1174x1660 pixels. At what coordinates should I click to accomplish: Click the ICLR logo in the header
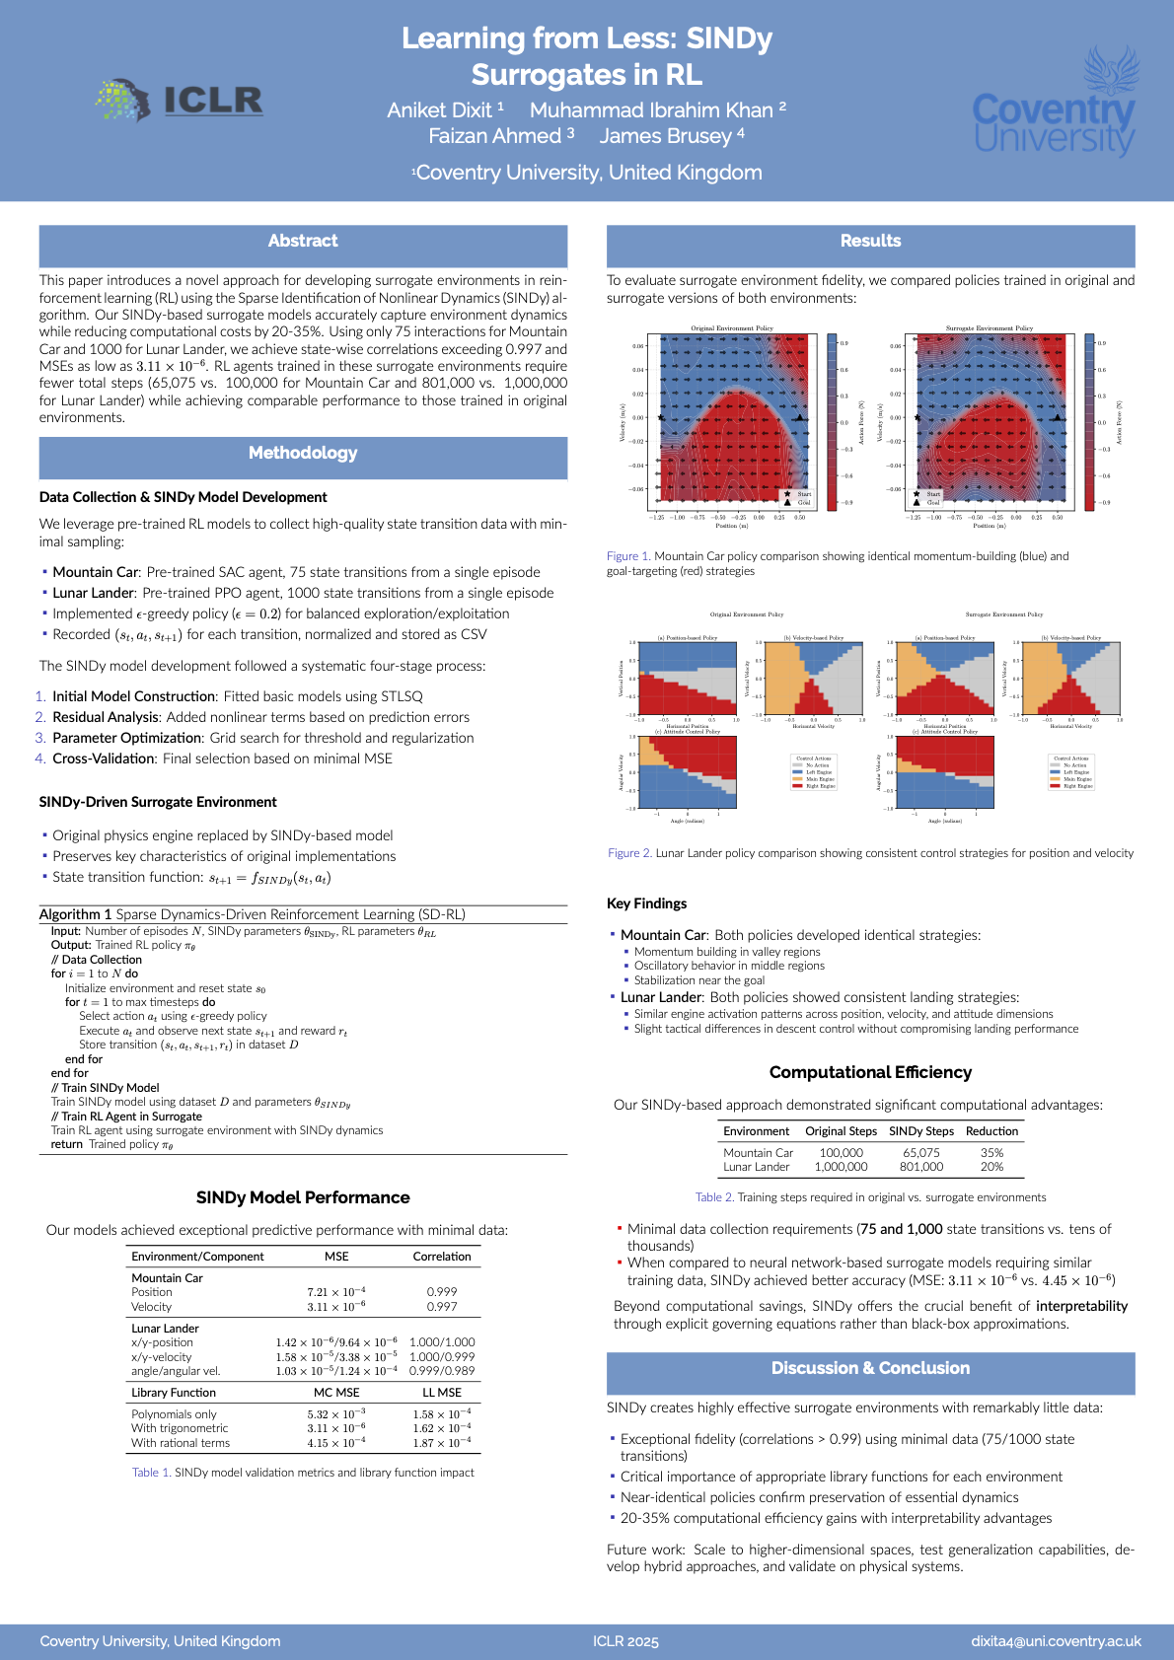(x=181, y=101)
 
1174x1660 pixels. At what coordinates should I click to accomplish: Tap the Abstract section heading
(x=303, y=241)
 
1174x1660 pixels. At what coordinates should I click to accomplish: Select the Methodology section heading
(x=303, y=453)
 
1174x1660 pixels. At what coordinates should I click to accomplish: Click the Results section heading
(x=870, y=241)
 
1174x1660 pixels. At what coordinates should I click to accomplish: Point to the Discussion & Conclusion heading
(x=870, y=1368)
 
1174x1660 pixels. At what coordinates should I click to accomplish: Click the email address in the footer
(x=1056, y=1641)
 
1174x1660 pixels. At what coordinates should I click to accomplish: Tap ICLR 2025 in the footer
(x=625, y=1641)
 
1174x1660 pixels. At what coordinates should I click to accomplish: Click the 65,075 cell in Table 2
(x=921, y=1152)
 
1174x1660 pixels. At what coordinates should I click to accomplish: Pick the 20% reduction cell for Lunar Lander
(x=991, y=1167)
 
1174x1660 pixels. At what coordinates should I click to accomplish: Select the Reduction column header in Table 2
(x=991, y=1131)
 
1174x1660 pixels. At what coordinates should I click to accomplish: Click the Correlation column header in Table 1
(x=442, y=1257)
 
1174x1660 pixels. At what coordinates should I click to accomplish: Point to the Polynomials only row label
(x=174, y=1413)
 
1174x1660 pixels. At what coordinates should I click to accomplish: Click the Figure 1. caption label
(x=628, y=556)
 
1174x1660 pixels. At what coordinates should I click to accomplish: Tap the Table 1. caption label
(x=151, y=1473)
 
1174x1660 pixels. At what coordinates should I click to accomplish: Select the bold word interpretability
(x=1081, y=1306)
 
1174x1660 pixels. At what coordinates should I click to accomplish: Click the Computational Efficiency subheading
(x=870, y=1072)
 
